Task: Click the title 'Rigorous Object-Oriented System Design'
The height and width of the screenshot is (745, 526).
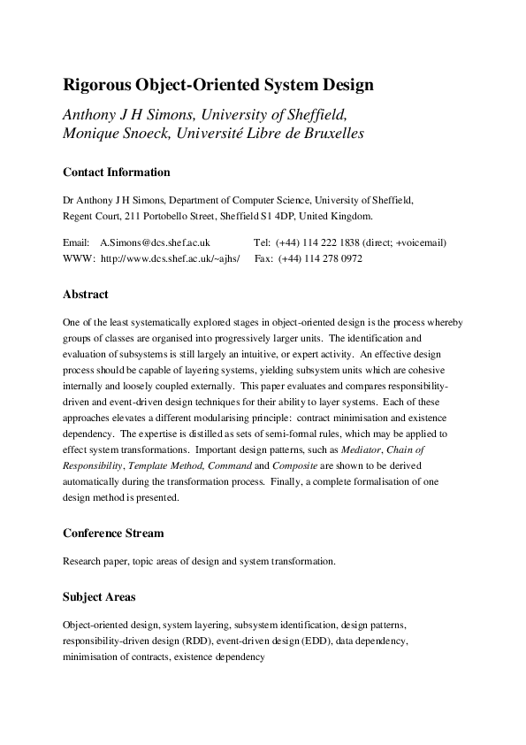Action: coord(218,86)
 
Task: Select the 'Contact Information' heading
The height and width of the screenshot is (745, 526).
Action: coord(117,173)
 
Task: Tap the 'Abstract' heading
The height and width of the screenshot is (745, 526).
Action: coord(86,294)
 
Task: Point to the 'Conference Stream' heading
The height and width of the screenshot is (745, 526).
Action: coord(113,534)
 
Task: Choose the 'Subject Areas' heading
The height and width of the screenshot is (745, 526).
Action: coord(99,597)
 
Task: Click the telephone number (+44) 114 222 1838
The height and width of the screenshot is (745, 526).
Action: coord(319,242)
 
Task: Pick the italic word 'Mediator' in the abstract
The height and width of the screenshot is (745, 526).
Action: coord(365,449)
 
